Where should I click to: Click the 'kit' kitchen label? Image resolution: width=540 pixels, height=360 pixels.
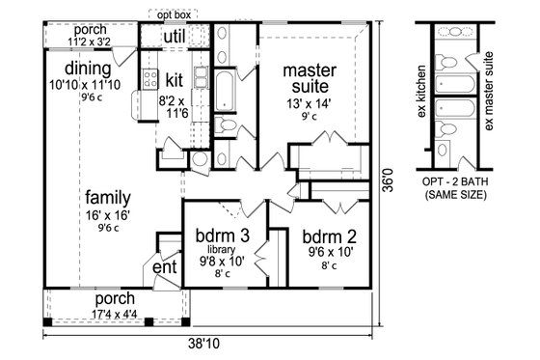(x=174, y=77)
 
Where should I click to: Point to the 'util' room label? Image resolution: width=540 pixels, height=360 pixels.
(x=174, y=36)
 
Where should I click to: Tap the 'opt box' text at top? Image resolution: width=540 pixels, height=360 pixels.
(x=174, y=15)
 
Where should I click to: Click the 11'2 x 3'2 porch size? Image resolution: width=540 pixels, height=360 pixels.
(x=88, y=42)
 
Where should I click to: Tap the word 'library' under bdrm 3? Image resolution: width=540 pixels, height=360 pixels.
(x=219, y=249)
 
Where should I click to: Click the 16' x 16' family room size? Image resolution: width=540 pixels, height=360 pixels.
(x=106, y=213)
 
